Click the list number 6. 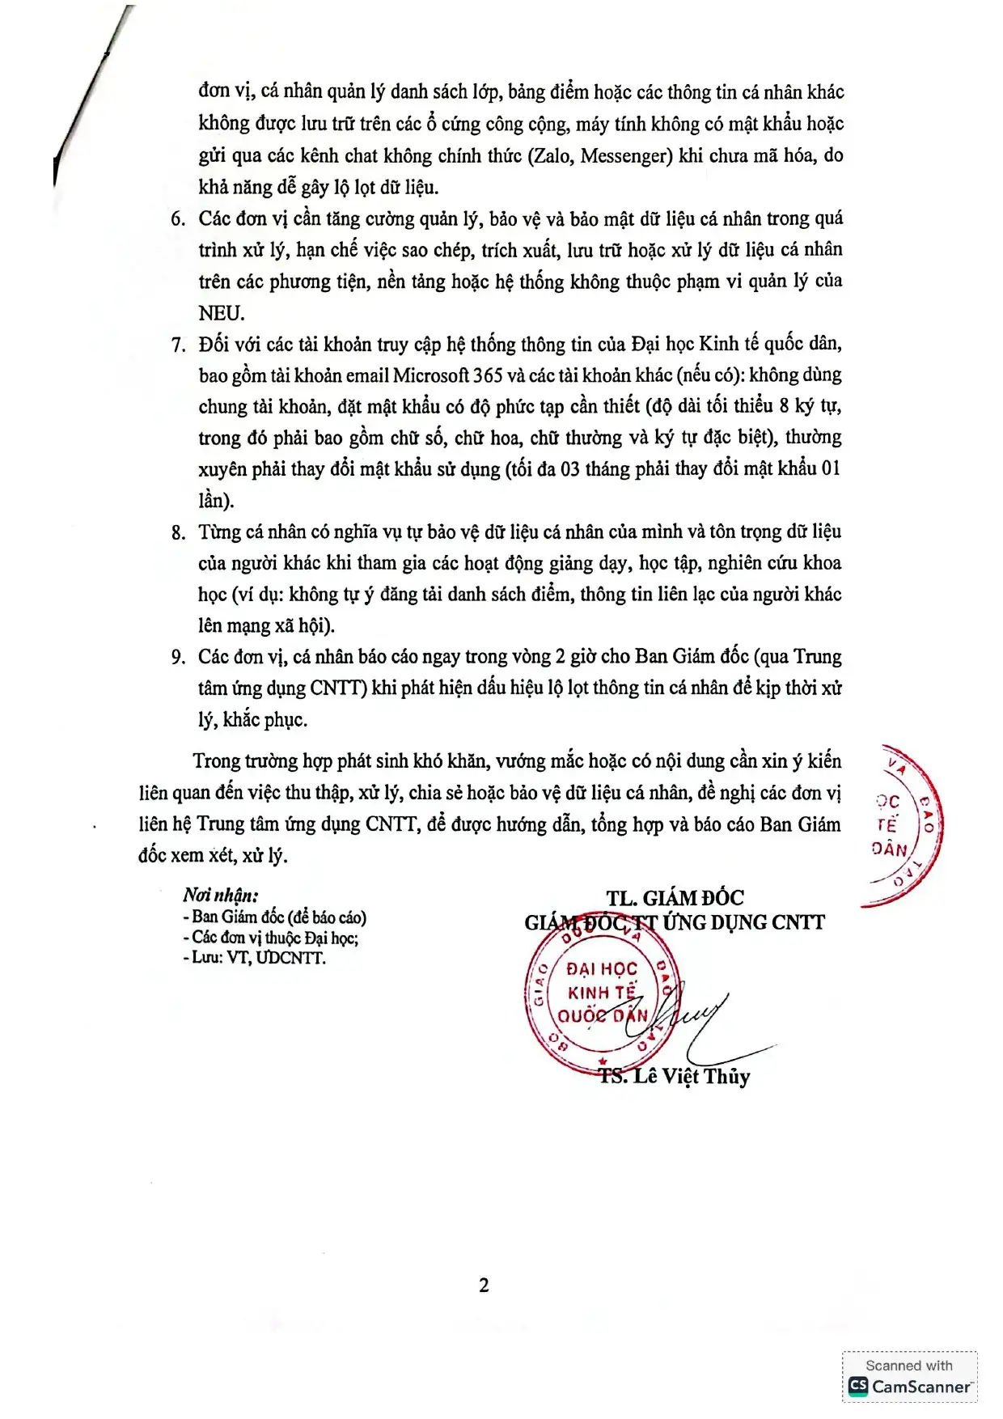[x=177, y=219]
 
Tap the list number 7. [x=178, y=345]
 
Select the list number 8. [x=178, y=533]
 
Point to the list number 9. [x=178, y=658]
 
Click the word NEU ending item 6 [x=221, y=313]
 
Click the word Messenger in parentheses [x=626, y=155]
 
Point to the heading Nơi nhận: [x=221, y=895]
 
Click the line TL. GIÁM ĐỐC [x=675, y=898]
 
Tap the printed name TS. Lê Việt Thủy [x=675, y=1077]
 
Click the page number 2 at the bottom [x=484, y=1285]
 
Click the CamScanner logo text [x=920, y=1386]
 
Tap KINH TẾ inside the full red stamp [x=602, y=992]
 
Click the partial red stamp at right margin [x=902, y=825]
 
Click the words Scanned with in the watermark [x=909, y=1366]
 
